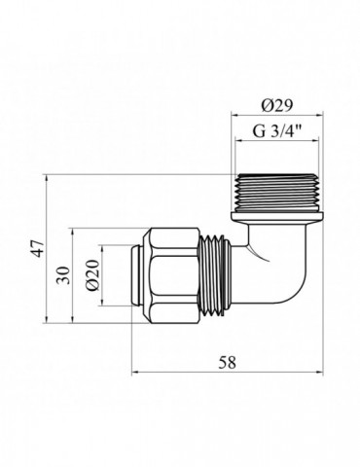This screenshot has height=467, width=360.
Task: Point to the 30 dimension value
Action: tap(63, 276)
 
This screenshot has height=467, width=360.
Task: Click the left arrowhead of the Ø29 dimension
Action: tap(234, 116)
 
